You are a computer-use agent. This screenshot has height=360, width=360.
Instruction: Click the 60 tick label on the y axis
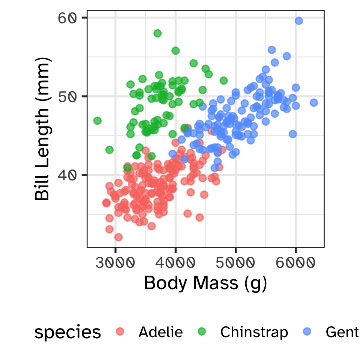(67, 18)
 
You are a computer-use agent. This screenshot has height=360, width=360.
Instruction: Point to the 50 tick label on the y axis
(67, 96)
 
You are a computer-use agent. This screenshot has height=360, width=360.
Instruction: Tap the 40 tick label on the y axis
(67, 175)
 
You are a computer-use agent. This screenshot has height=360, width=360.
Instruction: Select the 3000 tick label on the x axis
(115, 263)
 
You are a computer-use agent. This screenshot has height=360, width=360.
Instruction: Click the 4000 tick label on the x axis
(175, 263)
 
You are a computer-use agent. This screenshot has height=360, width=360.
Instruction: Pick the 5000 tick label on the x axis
(235, 263)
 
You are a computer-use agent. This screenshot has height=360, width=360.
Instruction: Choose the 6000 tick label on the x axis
(295, 263)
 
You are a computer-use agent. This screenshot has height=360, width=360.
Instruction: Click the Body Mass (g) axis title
(205, 283)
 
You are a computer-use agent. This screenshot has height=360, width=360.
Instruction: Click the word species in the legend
(67, 332)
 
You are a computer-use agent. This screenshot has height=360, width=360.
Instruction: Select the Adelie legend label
(160, 332)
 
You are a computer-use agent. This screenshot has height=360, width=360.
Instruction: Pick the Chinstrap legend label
(254, 332)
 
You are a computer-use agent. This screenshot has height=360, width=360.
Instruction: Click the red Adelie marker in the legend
(120, 331)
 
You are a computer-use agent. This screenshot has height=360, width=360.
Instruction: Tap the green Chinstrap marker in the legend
(202, 331)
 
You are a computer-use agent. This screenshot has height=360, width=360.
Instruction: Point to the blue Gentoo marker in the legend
(307, 331)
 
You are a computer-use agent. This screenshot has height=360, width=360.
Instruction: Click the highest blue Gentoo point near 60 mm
(298, 21)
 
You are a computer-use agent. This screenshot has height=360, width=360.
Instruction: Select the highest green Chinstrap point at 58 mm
(157, 33)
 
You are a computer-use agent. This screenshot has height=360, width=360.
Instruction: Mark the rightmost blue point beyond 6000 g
(314, 102)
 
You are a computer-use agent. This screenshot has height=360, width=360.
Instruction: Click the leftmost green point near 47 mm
(97, 121)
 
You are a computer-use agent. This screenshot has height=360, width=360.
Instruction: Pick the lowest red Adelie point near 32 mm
(118, 237)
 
